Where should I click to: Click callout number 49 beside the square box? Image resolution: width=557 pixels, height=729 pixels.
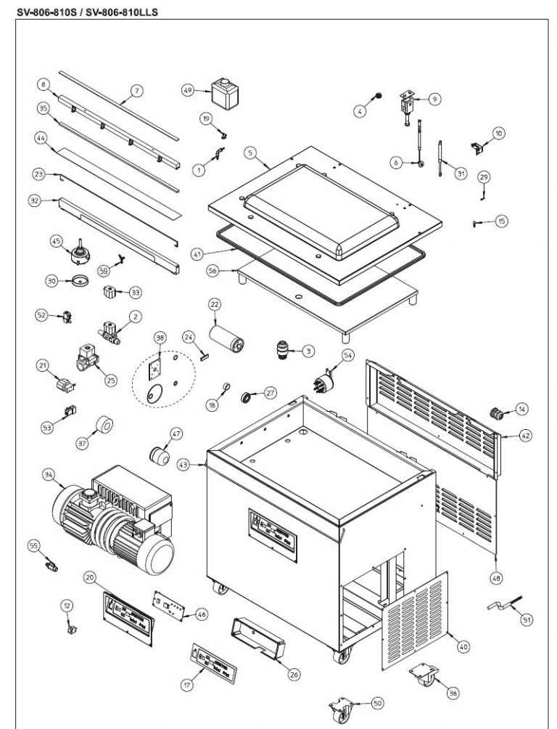(187, 90)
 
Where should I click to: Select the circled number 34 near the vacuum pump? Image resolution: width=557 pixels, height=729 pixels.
(49, 475)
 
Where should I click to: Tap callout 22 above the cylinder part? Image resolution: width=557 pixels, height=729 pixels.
(215, 303)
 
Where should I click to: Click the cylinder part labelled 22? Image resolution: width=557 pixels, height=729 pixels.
(224, 338)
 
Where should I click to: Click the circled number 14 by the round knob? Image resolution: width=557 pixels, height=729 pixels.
(521, 412)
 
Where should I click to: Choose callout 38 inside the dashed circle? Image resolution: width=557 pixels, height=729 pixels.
(160, 337)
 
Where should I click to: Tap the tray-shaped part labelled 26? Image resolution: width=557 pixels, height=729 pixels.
(256, 636)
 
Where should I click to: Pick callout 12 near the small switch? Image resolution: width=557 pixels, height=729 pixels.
(67, 605)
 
